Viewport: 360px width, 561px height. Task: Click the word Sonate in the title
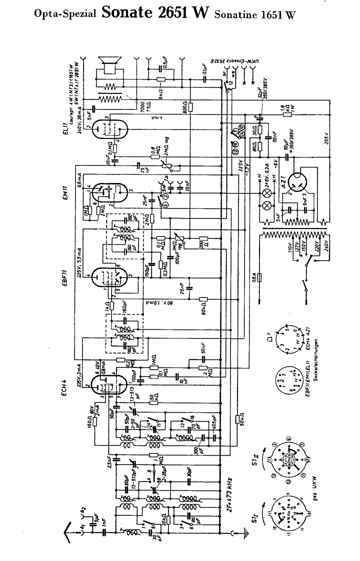coord(129,13)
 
